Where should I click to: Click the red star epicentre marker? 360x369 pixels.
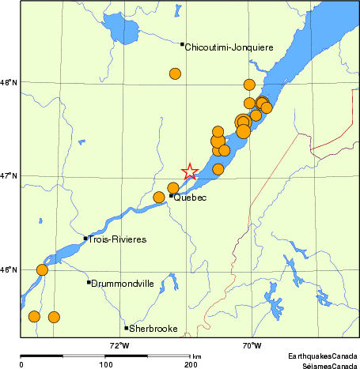point(189,171)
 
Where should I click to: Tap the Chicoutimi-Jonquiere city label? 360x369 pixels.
point(229,48)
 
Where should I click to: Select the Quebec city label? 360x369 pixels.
point(190,198)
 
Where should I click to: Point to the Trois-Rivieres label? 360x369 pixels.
point(118,239)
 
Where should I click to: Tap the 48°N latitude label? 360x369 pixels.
point(8,82)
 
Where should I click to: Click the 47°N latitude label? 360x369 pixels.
point(8,175)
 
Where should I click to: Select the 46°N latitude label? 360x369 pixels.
point(8,269)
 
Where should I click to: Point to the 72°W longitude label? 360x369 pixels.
point(119,345)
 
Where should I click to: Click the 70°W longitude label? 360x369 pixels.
point(252,345)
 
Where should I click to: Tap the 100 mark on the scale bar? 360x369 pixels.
point(105,364)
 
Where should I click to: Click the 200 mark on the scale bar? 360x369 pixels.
point(191,364)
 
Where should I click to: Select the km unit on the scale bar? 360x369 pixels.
point(197,356)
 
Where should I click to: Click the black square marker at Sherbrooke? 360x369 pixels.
point(126,328)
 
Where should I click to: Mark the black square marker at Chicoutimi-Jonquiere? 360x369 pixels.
point(182,44)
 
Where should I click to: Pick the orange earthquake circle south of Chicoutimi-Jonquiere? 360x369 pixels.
point(175,74)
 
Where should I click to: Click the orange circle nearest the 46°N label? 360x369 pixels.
point(42,270)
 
